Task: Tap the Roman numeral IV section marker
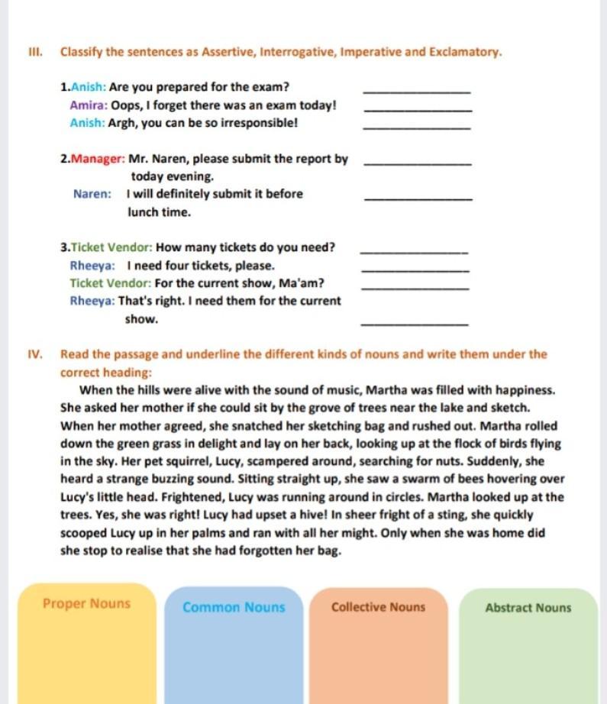[x=34, y=354]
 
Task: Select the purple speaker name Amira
[x=88, y=105]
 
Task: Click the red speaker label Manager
[x=98, y=159]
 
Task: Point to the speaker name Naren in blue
[x=92, y=194]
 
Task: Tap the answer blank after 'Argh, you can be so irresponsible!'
[x=418, y=127]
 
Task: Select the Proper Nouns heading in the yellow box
[x=86, y=604]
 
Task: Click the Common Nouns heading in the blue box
[x=234, y=608]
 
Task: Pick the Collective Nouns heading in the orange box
[x=378, y=608]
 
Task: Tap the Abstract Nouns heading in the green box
[x=528, y=608]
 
